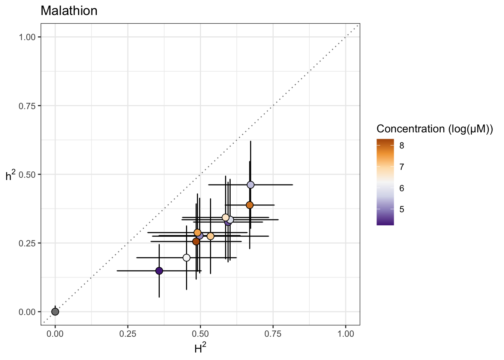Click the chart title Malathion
point(69,11)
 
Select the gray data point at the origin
point(55,312)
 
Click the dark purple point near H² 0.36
point(159,271)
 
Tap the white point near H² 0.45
point(186,258)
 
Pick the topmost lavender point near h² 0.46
point(250,185)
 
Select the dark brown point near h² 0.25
point(196,241)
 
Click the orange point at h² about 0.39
point(250,205)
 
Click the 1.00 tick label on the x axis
point(346,334)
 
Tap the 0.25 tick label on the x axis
point(127,334)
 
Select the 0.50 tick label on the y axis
point(27,174)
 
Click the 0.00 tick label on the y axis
point(27,312)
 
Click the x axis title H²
point(200,349)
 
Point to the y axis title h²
point(10,175)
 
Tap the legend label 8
point(402,145)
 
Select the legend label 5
point(402,209)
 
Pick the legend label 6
point(402,188)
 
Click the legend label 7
point(402,167)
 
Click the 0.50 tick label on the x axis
point(200,334)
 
